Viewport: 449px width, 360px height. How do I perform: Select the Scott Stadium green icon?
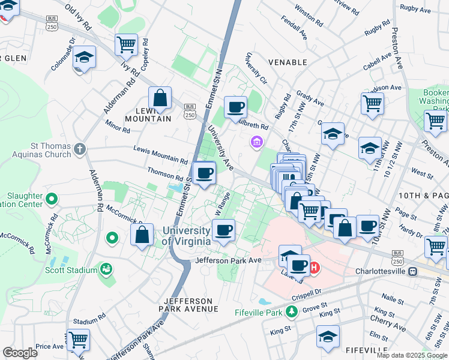click(x=106, y=269)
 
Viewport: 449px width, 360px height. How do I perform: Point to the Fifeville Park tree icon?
click(x=291, y=311)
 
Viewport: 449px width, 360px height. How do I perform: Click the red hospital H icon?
click(x=314, y=268)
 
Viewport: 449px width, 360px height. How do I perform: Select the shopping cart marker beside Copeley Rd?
click(x=127, y=44)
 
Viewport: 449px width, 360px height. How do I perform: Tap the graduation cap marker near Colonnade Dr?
click(x=85, y=58)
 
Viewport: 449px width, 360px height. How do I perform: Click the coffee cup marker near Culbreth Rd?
click(x=235, y=107)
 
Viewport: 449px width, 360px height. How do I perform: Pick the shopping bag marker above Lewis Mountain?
click(x=160, y=98)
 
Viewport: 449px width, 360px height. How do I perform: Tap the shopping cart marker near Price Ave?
click(x=79, y=340)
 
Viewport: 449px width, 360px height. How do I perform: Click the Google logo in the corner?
click(x=20, y=353)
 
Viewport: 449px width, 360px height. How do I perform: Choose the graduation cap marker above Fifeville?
click(x=328, y=336)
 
